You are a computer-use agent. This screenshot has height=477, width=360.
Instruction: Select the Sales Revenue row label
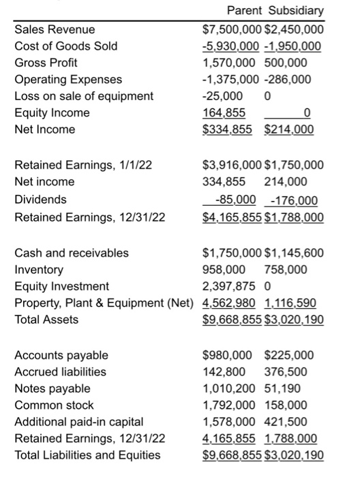(x=55, y=29)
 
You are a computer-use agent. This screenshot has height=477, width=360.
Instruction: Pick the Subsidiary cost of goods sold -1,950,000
(x=294, y=46)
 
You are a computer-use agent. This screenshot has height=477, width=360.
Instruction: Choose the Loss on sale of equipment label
(x=84, y=95)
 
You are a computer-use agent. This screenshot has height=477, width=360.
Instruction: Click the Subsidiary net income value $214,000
(x=289, y=129)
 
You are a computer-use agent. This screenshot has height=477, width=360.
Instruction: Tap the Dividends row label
(x=41, y=200)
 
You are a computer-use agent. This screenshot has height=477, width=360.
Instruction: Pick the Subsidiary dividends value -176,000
(x=294, y=200)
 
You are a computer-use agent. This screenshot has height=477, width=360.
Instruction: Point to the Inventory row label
(x=39, y=270)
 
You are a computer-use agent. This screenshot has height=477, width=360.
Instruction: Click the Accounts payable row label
(x=61, y=355)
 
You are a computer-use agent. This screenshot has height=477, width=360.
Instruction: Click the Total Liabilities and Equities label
(x=87, y=455)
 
